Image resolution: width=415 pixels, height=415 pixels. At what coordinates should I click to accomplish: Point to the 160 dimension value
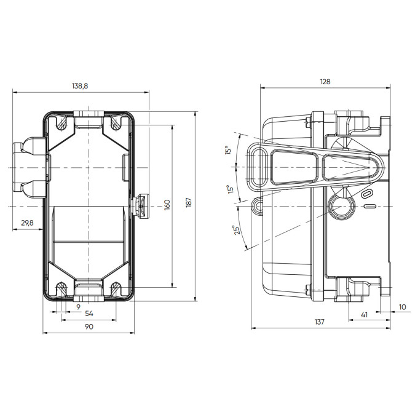tap(167, 204)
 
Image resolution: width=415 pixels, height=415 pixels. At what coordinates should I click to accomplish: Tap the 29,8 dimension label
tap(27, 223)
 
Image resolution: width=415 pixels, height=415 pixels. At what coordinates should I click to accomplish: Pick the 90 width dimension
tap(89, 326)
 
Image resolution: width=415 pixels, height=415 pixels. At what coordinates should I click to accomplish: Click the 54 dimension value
tap(89, 314)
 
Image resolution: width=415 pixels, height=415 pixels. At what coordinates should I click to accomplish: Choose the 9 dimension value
tap(78, 306)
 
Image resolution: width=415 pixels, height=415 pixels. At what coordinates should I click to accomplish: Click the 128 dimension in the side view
tap(325, 81)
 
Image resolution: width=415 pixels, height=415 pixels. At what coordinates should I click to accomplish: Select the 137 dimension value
tap(319, 322)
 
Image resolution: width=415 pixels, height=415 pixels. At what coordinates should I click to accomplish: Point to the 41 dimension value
tap(363, 314)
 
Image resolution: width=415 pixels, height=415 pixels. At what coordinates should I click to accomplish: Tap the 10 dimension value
tap(402, 306)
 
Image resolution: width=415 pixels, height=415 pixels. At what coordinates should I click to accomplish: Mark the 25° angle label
tap(237, 229)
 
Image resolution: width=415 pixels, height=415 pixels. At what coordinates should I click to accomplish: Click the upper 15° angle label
tap(227, 151)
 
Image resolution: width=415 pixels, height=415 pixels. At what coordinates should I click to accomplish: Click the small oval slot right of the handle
tap(368, 194)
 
